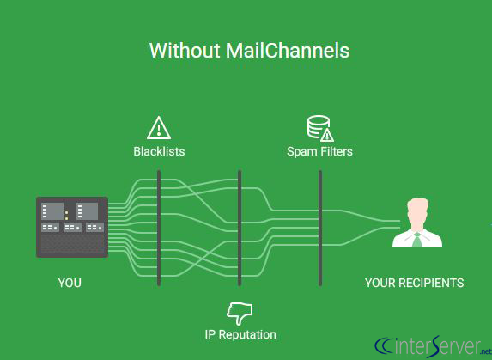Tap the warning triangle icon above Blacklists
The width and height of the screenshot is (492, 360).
tap(159, 128)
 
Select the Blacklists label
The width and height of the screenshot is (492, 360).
tap(159, 152)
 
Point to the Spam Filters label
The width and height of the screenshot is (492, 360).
tap(319, 152)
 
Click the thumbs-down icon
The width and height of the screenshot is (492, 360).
tap(240, 311)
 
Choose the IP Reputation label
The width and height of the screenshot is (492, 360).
tap(240, 334)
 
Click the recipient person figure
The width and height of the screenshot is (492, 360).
tap(417, 224)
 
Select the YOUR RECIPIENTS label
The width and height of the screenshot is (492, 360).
tap(414, 283)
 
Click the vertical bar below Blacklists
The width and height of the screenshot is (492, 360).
tap(159, 228)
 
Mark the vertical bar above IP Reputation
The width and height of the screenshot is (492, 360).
tap(240, 228)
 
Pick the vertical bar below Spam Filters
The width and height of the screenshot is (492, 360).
tap(319, 228)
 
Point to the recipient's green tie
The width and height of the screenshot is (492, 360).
tap(417, 238)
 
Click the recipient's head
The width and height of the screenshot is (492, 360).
tap(417, 211)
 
